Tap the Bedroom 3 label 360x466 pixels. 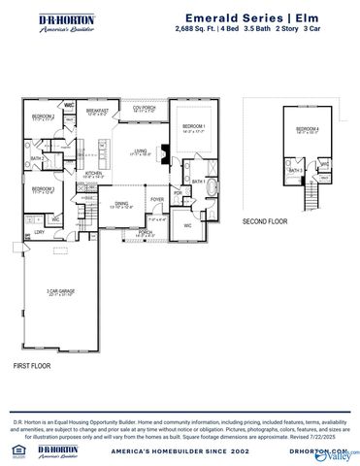point(41,188)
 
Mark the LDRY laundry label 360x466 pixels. point(39,232)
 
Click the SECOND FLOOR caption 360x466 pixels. point(265,221)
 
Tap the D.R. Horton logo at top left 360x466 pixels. point(58,23)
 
